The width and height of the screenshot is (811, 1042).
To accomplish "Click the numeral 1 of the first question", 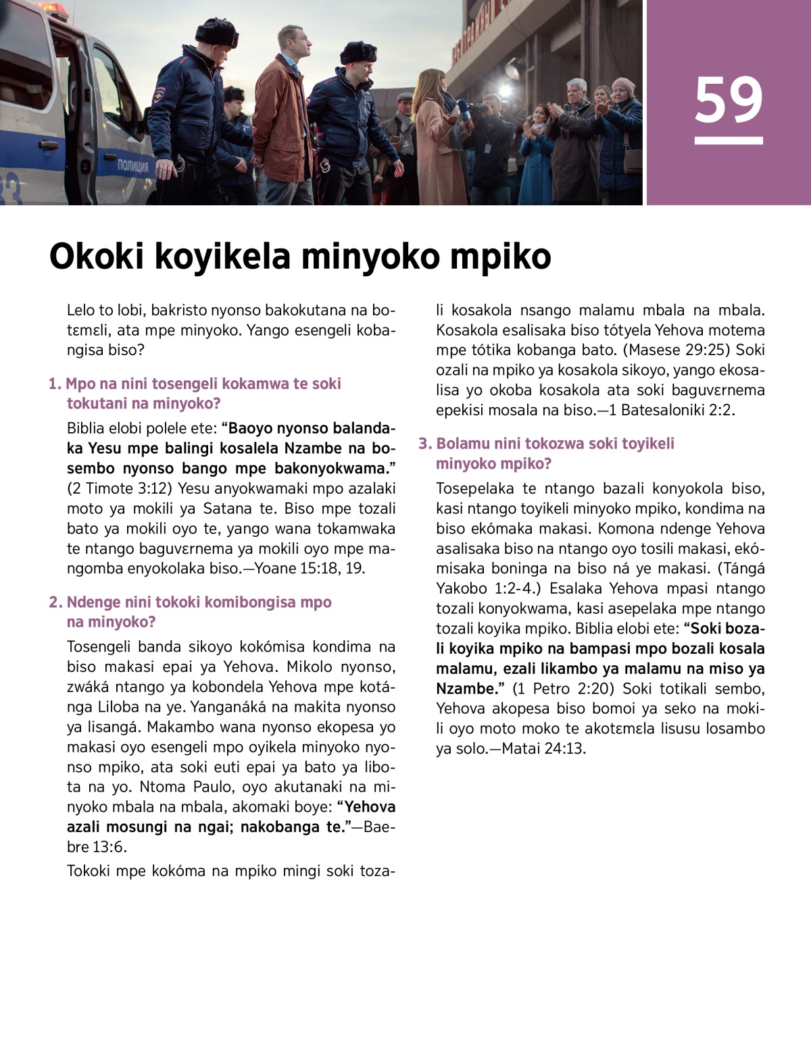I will [53, 384].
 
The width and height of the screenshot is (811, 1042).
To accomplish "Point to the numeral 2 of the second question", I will [54, 602].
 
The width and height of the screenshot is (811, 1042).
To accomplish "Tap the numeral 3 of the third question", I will [424, 444].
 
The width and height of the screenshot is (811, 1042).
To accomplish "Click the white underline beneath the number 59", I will [729, 140].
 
